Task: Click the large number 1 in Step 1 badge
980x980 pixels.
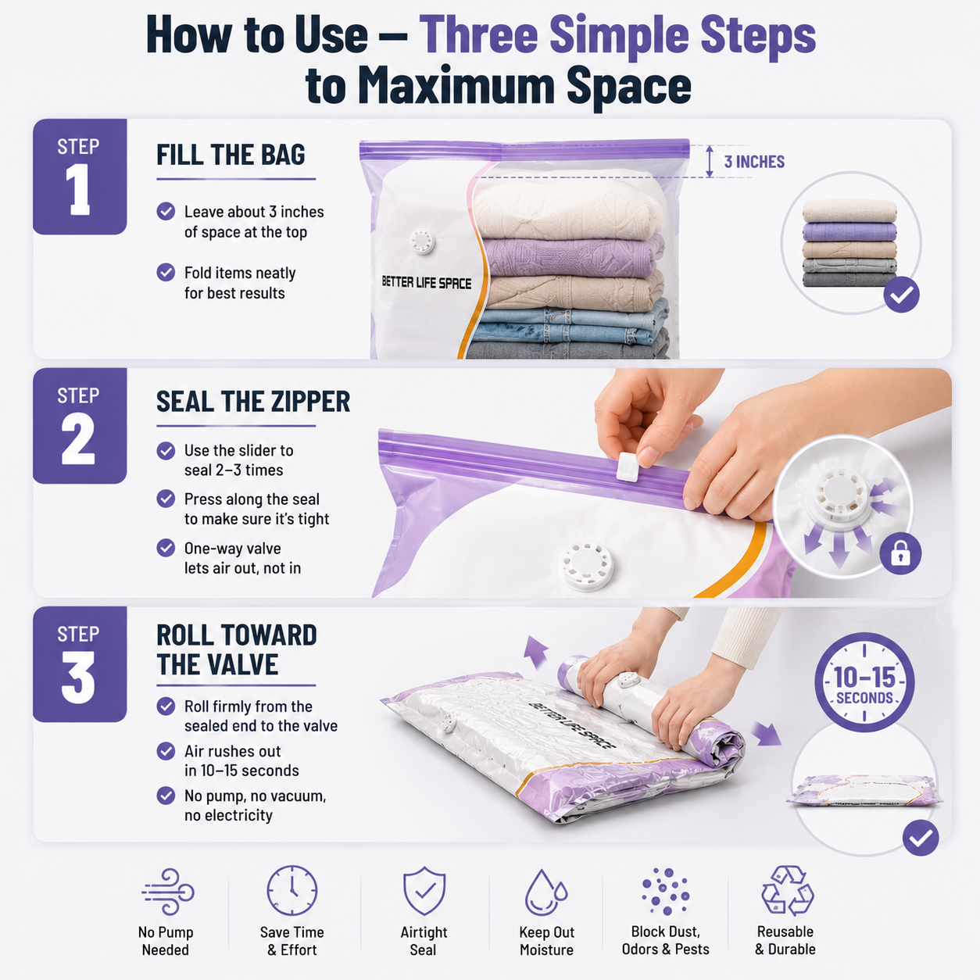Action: pos(78,189)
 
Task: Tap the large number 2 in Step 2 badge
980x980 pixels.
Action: pos(78,438)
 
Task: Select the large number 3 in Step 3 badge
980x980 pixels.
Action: pos(78,677)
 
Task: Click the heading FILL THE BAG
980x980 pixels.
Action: pos(231,155)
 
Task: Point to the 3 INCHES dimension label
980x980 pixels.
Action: pos(754,162)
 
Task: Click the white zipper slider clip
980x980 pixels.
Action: pos(626,467)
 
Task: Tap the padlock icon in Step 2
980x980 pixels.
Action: pos(900,553)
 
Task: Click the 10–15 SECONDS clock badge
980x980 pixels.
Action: pos(864,682)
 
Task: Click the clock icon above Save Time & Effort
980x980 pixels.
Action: pos(292,891)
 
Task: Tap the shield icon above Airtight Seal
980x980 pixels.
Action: pos(424,892)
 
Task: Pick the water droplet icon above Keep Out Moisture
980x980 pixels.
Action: pos(545,892)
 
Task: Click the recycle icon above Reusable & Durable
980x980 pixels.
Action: pos(787,890)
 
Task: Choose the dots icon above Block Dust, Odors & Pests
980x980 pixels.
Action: pos(665,891)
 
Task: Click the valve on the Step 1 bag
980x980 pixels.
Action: pos(423,240)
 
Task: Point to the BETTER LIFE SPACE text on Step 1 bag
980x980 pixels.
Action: pos(426,283)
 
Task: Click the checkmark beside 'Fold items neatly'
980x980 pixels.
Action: pos(166,272)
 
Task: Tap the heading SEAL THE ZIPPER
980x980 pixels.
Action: pos(252,402)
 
